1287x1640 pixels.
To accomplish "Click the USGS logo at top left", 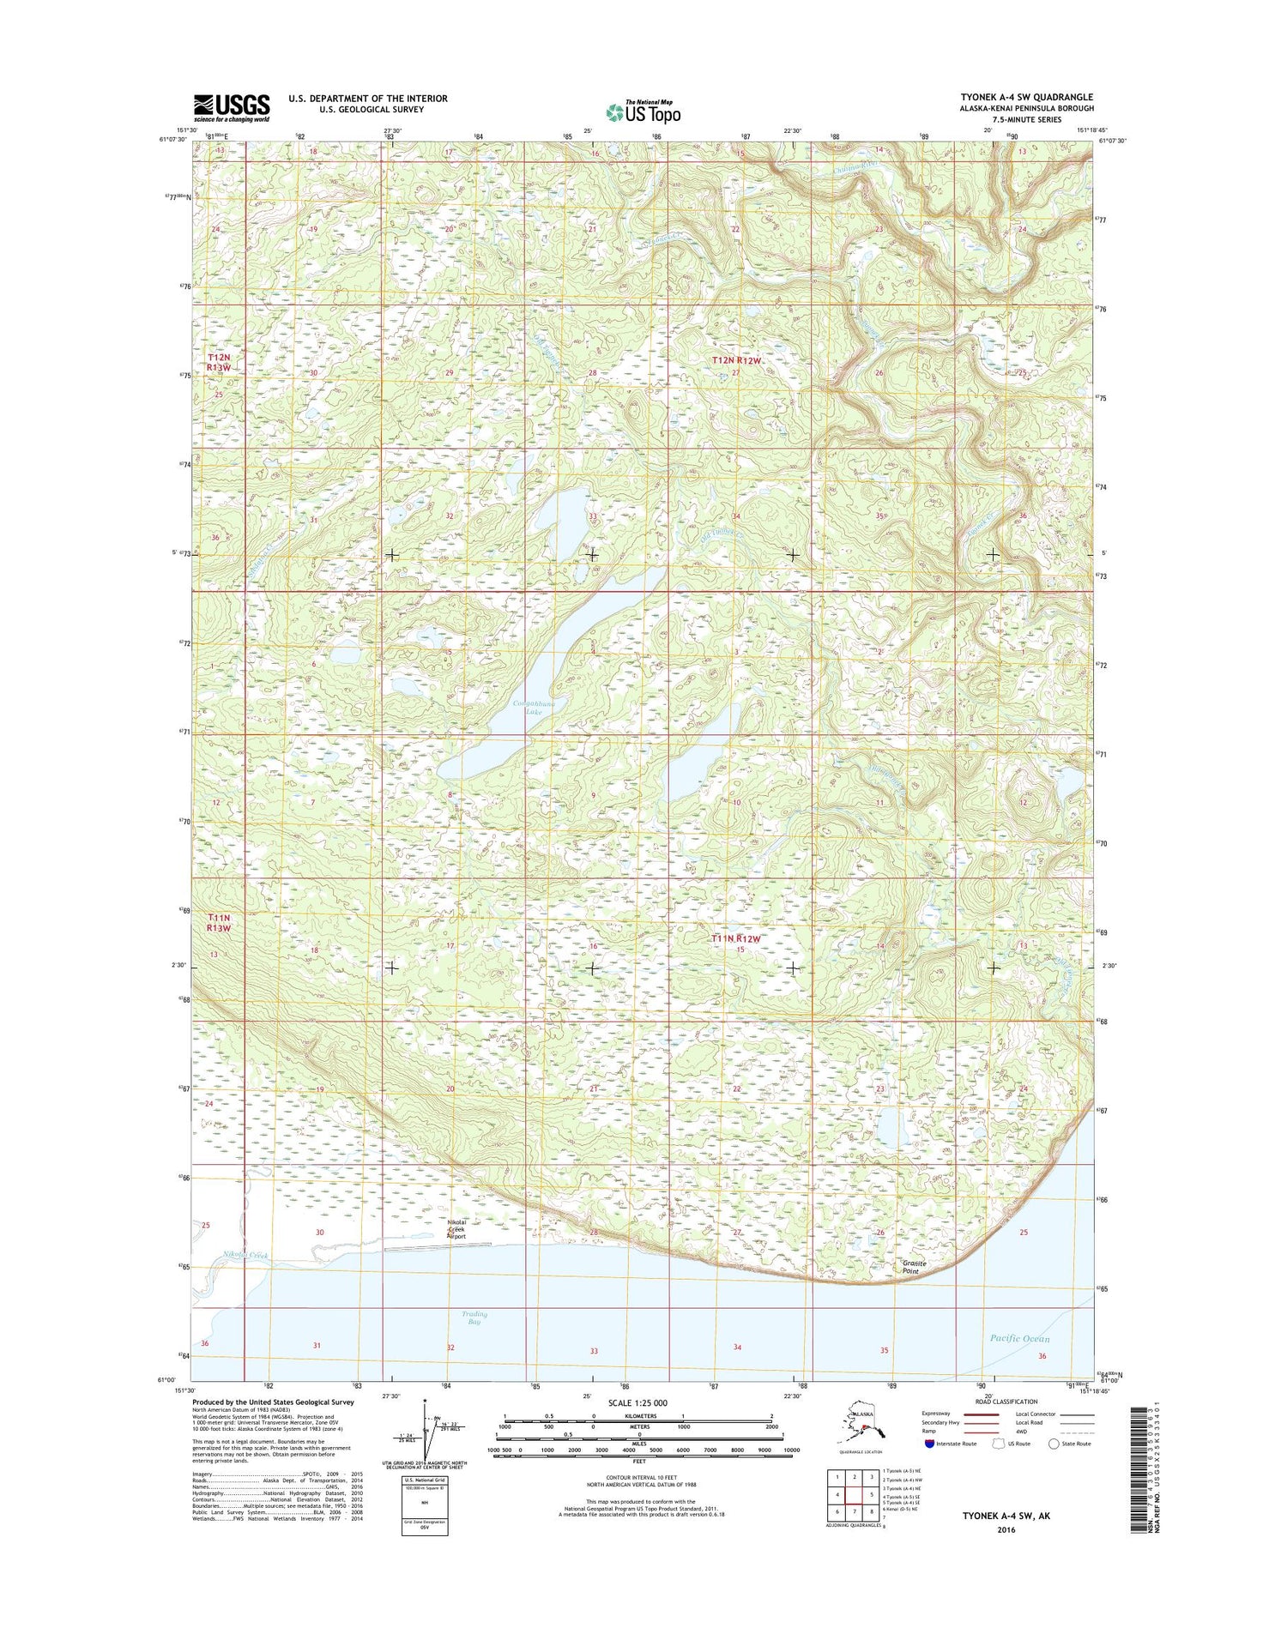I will tap(231, 108).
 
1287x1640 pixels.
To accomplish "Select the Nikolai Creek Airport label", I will tap(456, 1229).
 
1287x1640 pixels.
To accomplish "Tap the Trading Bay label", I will tap(474, 1318).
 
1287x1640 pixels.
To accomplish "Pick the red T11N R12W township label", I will tap(735, 939).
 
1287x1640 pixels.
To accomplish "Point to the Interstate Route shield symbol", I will tap(929, 1444).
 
